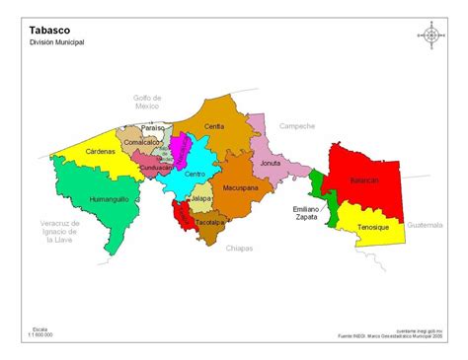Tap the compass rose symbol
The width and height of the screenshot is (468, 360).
pos(431,35)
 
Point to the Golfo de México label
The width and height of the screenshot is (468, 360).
pos(147,102)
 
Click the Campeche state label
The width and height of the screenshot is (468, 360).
pos(296,126)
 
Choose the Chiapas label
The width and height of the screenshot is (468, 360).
pos(239,248)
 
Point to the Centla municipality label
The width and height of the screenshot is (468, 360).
pos(214,126)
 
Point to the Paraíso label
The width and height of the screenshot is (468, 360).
pos(153,128)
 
